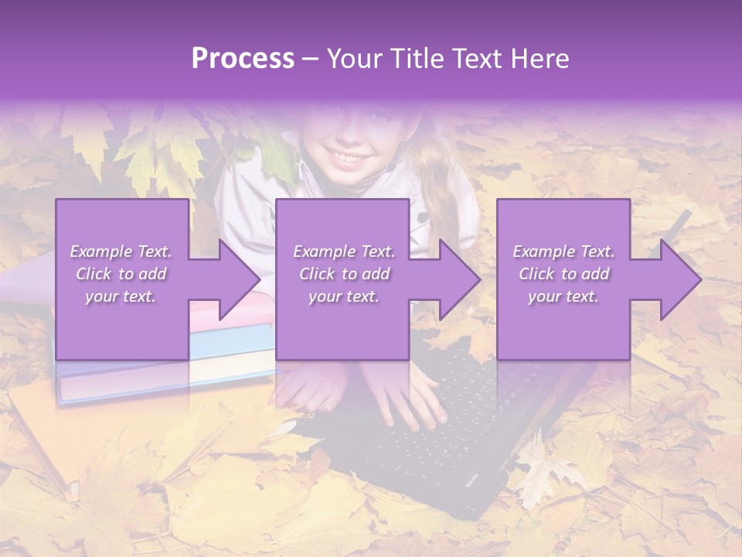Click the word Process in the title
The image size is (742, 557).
coord(243,59)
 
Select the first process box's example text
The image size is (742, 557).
coord(121,274)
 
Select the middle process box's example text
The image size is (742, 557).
coord(344,274)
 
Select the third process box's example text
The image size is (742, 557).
coord(563,274)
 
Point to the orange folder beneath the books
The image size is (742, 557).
coord(46,433)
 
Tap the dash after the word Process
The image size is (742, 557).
coord(311,59)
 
